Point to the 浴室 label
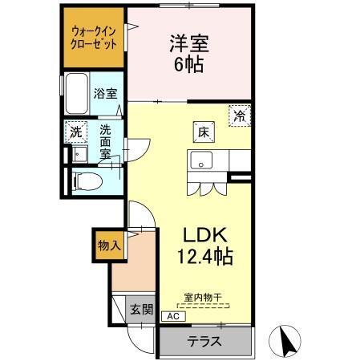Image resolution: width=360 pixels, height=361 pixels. (104, 93)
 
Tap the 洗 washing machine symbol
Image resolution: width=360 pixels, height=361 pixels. (75, 131)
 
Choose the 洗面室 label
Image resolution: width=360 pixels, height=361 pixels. (105, 140)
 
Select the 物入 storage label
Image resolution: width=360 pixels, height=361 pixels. (108, 245)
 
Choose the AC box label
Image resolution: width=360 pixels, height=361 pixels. (172, 317)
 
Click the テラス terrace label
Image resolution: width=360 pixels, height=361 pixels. (204, 340)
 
